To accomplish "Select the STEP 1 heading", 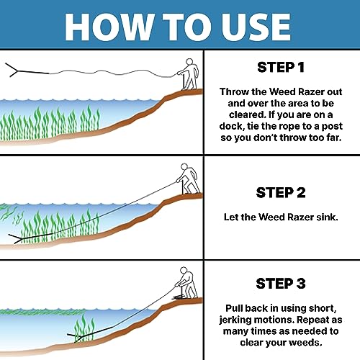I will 282,69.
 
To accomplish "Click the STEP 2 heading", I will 282,192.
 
